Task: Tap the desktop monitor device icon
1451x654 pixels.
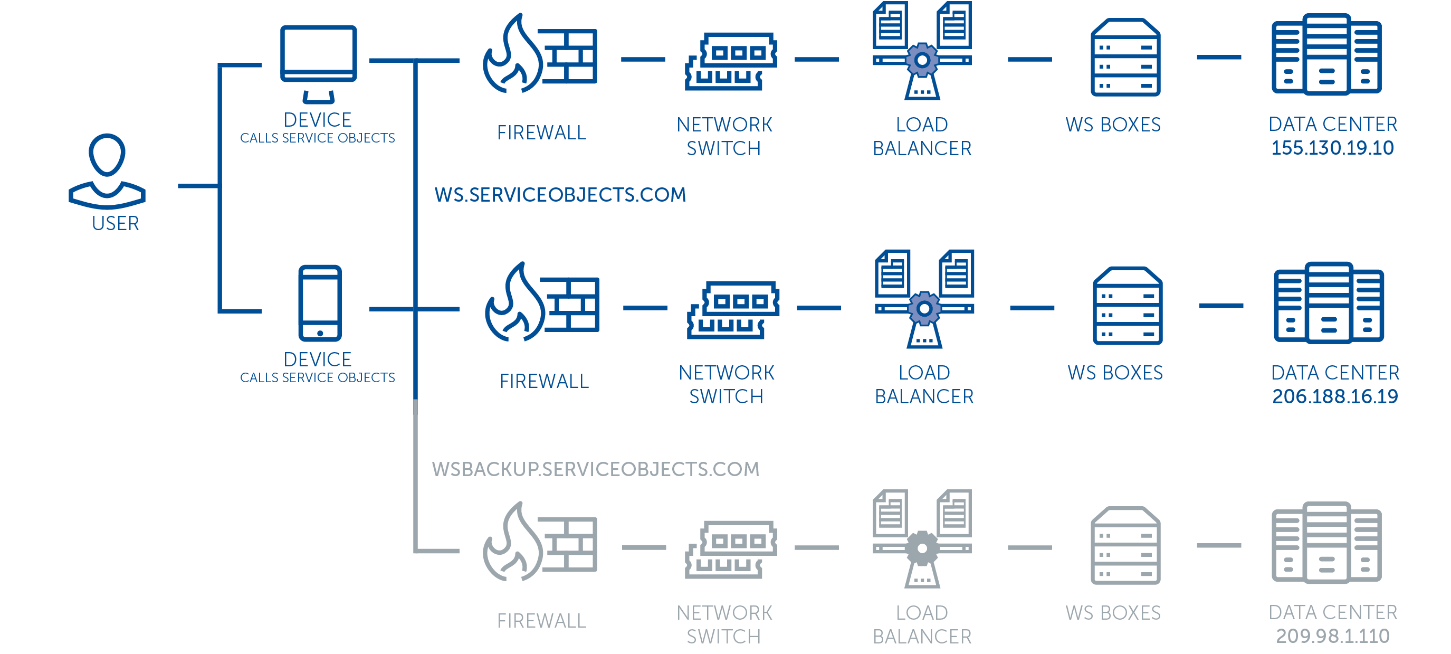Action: (318, 64)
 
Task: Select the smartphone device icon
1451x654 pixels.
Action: (320, 303)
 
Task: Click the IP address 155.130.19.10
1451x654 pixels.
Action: (1332, 148)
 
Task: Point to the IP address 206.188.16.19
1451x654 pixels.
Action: (1335, 396)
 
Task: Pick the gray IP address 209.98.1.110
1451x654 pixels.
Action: (1332, 637)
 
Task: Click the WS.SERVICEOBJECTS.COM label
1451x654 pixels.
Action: (560, 195)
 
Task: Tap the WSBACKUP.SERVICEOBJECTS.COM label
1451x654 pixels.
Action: (595, 469)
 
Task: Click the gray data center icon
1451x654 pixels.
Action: (1326, 543)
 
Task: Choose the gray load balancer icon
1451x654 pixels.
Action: (922, 538)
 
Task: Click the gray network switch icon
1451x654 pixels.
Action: (731, 550)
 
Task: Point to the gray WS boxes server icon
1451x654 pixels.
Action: (1125, 545)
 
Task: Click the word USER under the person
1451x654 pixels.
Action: (116, 224)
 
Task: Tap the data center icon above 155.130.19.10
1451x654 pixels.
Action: (1326, 54)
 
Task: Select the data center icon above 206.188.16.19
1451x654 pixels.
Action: (1329, 302)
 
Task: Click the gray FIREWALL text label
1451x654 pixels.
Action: (541, 621)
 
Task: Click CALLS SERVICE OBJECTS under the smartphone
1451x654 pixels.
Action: (318, 377)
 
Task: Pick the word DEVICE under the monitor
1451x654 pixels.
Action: (318, 120)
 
